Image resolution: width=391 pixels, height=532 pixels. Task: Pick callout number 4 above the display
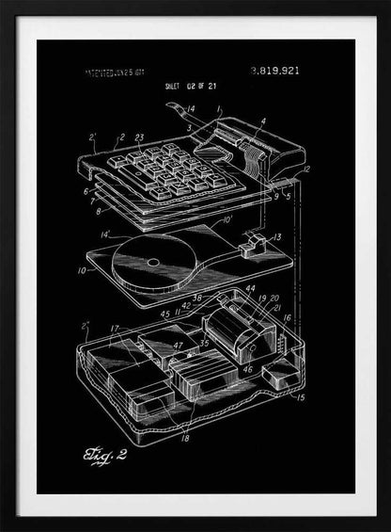(262, 121)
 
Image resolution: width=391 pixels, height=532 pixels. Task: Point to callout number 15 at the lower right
(300, 397)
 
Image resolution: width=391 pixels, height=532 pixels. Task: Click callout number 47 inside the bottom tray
(179, 347)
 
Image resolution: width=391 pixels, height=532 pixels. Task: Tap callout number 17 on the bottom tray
(114, 329)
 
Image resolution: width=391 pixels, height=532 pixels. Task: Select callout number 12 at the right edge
(307, 169)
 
